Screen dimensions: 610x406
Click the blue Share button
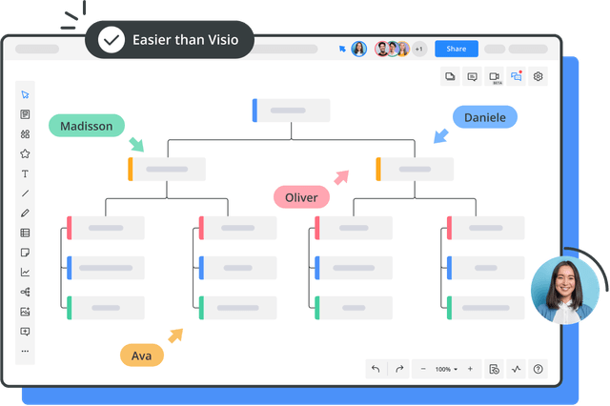tap(457, 49)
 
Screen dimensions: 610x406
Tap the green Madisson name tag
tap(87, 126)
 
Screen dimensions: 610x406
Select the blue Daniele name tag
tap(485, 117)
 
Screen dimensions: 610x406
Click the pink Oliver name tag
tap(301, 197)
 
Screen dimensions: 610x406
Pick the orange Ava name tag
tap(142, 355)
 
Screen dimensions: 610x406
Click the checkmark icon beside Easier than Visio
tap(112, 40)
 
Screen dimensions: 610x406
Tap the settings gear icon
tap(538, 76)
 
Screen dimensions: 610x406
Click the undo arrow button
tap(376, 369)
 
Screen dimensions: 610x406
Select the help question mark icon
tap(538, 369)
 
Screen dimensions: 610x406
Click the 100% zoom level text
tap(443, 369)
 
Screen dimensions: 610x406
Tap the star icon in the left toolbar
tap(25, 153)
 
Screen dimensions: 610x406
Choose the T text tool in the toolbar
tap(25, 173)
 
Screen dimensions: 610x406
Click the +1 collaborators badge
tap(419, 49)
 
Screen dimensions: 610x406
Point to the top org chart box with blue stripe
tap(291, 111)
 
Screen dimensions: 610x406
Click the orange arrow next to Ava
tap(175, 335)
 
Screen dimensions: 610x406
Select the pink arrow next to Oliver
tap(341, 177)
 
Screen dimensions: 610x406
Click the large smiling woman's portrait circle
tap(565, 290)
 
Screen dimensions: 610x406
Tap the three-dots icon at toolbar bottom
tap(25, 351)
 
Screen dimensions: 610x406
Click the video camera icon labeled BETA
tap(494, 76)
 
